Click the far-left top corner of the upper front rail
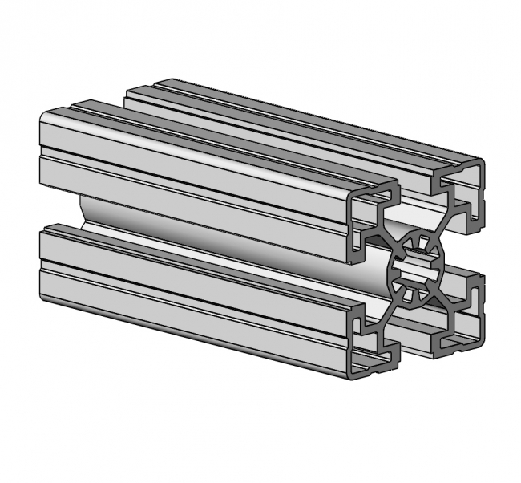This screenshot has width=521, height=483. click(x=43, y=116)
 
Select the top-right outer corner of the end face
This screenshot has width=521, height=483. click(x=483, y=160)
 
